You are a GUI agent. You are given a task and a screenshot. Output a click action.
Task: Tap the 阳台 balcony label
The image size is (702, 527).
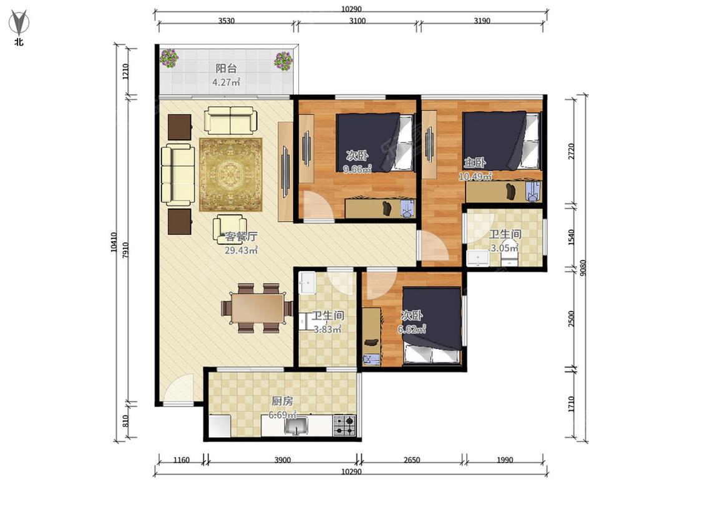pyautogui.click(x=226, y=69)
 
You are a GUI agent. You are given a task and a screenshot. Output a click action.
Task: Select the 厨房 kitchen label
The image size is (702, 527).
pyautogui.click(x=282, y=401)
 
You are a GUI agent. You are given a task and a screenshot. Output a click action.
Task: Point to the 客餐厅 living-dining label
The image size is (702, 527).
pyautogui.click(x=241, y=236)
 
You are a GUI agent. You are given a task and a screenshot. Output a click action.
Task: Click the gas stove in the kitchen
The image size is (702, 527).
pyautogui.click(x=344, y=426)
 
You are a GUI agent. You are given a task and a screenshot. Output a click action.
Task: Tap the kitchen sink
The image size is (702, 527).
pyautogui.click(x=296, y=426)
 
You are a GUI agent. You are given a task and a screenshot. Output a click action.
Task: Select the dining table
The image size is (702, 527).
pyautogui.click(x=258, y=308)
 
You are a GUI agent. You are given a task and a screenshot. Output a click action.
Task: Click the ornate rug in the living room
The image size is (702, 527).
pyautogui.click(x=230, y=175)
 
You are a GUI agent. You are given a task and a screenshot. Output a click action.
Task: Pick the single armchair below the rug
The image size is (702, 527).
pyautogui.click(x=229, y=229)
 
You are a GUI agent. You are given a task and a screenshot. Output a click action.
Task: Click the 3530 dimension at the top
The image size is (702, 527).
pyautogui.click(x=226, y=21)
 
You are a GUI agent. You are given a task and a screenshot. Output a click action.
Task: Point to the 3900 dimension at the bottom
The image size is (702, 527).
pyautogui.click(x=282, y=460)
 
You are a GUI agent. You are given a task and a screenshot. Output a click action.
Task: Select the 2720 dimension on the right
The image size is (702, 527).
pyautogui.click(x=571, y=152)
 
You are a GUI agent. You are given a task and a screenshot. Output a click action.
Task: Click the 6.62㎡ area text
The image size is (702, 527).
pyautogui.click(x=412, y=330)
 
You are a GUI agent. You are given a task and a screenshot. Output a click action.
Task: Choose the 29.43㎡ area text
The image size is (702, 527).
pyautogui.click(x=241, y=250)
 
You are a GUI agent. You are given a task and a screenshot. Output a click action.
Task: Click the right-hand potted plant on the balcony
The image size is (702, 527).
pyautogui.click(x=283, y=61)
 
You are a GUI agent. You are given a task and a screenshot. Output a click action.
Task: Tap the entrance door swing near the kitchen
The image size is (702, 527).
pyautogui.click(x=179, y=388)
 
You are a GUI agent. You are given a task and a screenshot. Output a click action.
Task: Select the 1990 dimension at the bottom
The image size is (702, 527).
pyautogui.click(x=505, y=460)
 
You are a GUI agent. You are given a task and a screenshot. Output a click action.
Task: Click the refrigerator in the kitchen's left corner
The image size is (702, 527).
pyautogui.click(x=220, y=426)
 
